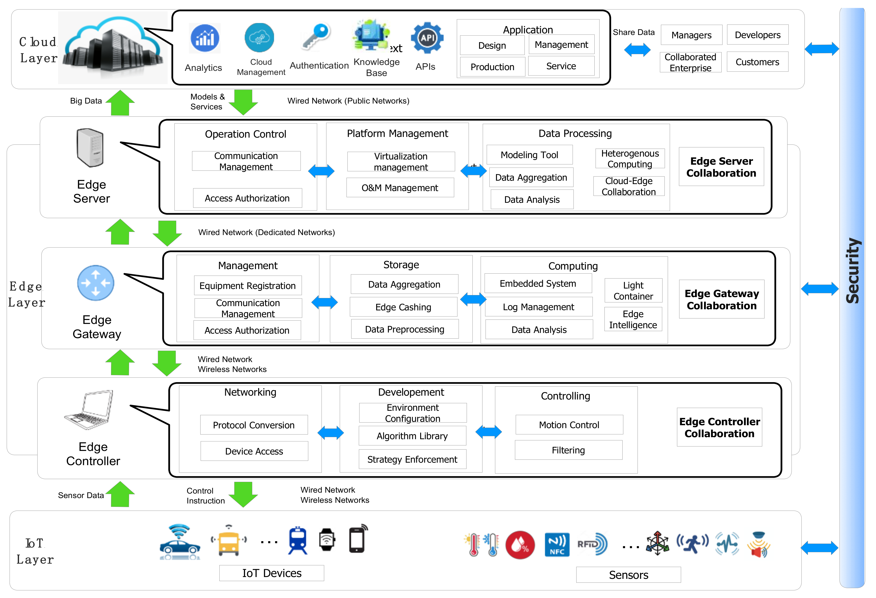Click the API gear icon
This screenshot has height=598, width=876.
point(427,38)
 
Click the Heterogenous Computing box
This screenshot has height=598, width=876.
point(630,159)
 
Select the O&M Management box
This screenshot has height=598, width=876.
point(400,188)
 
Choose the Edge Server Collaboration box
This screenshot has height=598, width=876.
point(721,167)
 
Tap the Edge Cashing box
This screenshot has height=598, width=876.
point(403,307)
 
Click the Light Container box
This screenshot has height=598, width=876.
point(633,291)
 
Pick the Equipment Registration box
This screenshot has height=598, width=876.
point(247,286)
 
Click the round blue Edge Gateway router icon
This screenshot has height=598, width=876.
point(96,283)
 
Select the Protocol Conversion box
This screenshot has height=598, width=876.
point(254,425)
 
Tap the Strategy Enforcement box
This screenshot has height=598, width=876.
point(412,459)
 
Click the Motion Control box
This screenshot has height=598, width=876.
point(569,425)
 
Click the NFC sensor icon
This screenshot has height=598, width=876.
point(557,545)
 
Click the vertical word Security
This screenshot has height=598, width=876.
point(852,270)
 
